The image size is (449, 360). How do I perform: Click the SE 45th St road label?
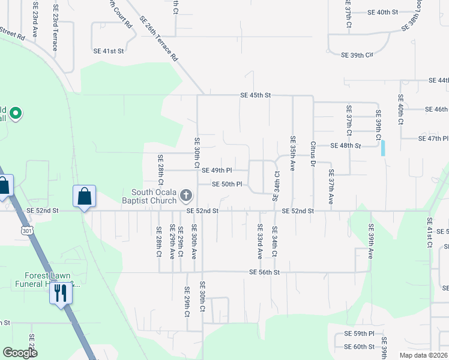[256, 95]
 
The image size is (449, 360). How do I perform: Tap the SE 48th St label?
[346, 145]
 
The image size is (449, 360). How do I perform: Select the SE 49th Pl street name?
[217, 170]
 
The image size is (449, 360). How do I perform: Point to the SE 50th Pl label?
[227, 184]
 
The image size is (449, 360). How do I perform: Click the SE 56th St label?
[265, 272]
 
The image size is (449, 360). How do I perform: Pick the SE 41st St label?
[109, 51]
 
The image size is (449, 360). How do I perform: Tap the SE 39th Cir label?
[357, 55]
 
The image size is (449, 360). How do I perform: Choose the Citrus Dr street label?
[313, 152]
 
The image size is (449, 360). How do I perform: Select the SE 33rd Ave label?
[260, 241]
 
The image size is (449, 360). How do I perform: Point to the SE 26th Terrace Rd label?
[159, 39]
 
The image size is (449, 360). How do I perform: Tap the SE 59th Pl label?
[359, 333]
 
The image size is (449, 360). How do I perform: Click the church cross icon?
[187, 195]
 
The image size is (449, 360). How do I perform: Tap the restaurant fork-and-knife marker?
[59, 293]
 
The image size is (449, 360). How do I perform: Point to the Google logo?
[20, 353]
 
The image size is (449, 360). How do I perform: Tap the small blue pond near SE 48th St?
[383, 148]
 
